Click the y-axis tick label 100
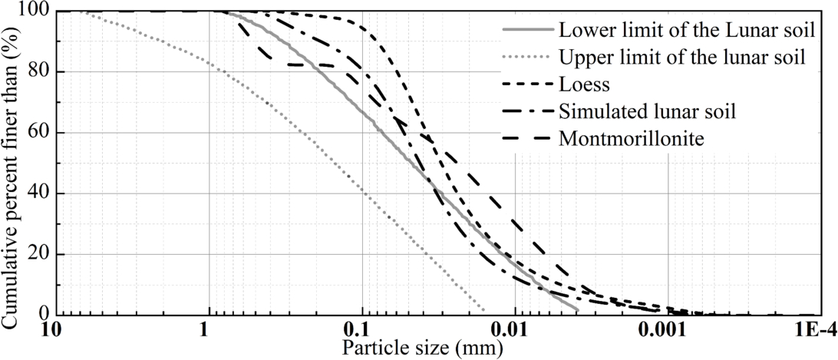point(36,12)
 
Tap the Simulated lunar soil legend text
point(648,111)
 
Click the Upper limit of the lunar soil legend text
point(682,56)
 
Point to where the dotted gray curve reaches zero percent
point(484,313)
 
